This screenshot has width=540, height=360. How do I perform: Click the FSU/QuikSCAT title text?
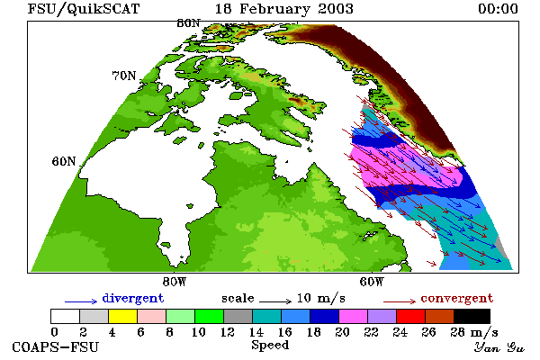point(84,9)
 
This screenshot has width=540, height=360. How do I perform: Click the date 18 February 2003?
point(284,9)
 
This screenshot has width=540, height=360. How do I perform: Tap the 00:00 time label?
point(498,9)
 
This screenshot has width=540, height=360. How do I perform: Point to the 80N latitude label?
point(188,23)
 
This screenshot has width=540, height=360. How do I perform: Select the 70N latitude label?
point(124,76)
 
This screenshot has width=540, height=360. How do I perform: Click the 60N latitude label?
point(64,161)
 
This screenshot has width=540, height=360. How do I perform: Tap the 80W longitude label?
point(175,282)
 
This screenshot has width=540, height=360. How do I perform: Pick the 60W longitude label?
point(371,282)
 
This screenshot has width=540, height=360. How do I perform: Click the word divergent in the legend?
point(133,298)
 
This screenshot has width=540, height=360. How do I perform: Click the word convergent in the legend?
point(457,298)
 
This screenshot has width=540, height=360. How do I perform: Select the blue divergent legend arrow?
point(81,301)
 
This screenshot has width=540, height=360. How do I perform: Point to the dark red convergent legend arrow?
point(400,301)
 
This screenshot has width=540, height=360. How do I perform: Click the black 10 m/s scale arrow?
point(275,301)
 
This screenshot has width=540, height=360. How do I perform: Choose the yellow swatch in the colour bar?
point(123,316)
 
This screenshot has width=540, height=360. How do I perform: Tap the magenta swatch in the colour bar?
point(353,316)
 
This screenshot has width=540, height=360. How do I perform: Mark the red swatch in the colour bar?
point(411,316)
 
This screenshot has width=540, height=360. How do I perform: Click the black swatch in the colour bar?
point(472,316)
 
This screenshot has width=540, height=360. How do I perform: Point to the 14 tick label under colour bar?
point(256,332)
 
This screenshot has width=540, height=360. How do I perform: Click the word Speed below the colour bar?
point(270,346)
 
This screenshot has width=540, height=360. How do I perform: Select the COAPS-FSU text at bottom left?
point(56,346)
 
